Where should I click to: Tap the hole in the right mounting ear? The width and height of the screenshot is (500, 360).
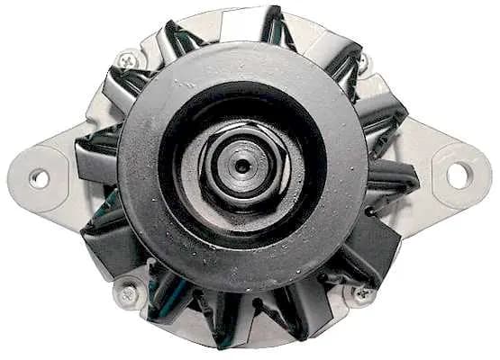tap(457, 175)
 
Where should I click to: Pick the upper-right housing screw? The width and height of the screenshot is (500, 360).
tap(364, 63)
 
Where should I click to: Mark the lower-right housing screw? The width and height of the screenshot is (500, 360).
tap(363, 292)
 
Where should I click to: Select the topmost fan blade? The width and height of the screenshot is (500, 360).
tap(270, 27)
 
